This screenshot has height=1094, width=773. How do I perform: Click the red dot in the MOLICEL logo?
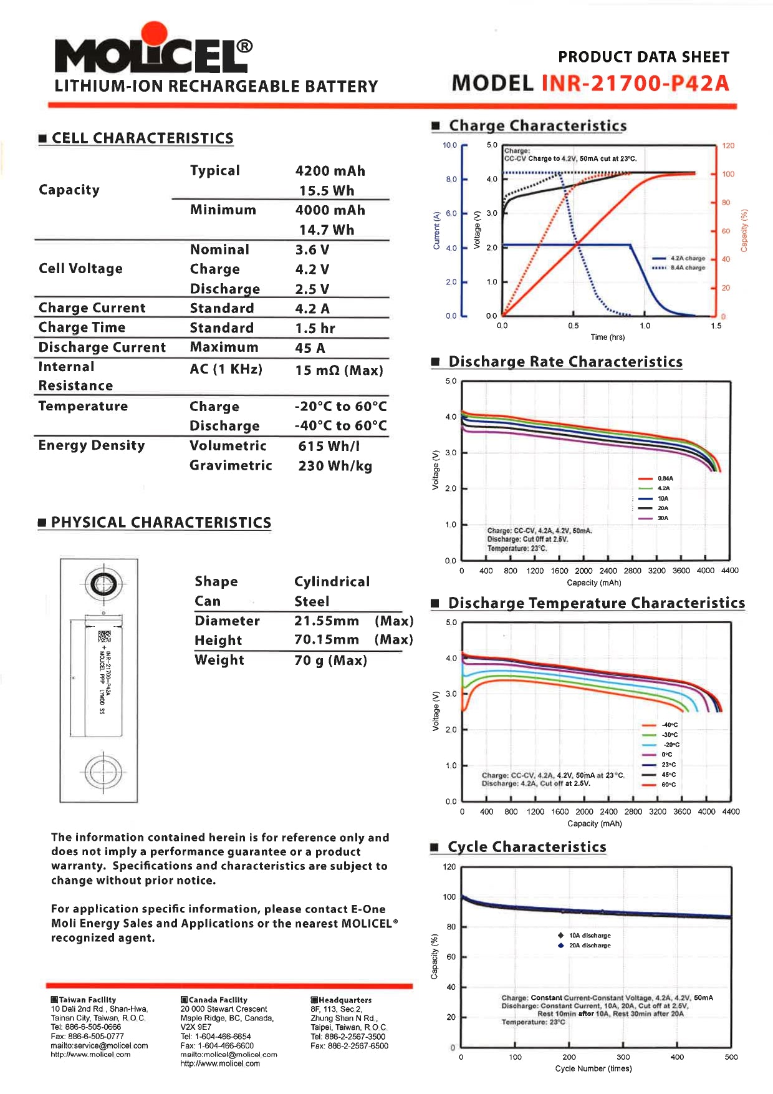[x=154, y=35]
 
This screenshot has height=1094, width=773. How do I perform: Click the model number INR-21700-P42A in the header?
[x=635, y=83]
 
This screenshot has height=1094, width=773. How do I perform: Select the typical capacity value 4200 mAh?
[x=330, y=171]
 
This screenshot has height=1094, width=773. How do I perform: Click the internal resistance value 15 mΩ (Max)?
[x=338, y=370]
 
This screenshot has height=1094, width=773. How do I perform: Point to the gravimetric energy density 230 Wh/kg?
[x=335, y=466]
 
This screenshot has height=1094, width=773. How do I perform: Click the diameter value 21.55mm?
[x=326, y=621]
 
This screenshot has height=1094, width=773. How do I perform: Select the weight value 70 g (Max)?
[x=330, y=660]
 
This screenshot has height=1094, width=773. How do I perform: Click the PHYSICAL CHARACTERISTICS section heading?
[x=161, y=523]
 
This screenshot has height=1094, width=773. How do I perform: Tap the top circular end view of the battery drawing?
[x=99, y=584]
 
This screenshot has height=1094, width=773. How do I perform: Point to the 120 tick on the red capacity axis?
[x=727, y=145]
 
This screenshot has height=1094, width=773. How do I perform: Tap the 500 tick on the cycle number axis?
[x=731, y=1057]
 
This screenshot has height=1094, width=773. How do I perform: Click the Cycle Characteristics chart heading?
[x=527, y=847]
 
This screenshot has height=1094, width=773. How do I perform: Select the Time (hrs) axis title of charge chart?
[x=607, y=337]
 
